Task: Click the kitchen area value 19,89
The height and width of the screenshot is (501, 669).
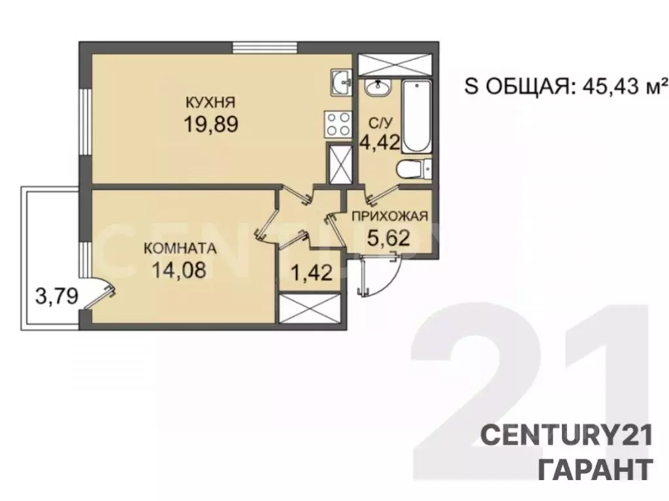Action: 210,124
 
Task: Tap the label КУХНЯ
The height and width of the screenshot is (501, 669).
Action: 210,102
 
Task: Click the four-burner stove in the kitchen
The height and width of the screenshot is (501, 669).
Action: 338,124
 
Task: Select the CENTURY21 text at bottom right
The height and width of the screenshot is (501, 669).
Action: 566,436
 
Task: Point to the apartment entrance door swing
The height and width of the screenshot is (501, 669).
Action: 379,277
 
